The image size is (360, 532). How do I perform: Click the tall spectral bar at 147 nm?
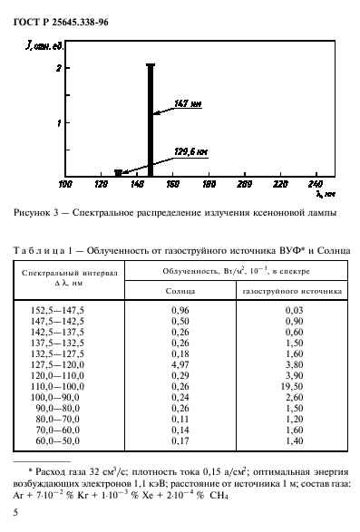click(151, 118)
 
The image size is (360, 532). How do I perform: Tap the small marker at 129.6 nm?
click(118, 172)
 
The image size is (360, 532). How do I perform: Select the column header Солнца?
click(180, 293)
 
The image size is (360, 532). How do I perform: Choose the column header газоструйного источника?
click(291, 293)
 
